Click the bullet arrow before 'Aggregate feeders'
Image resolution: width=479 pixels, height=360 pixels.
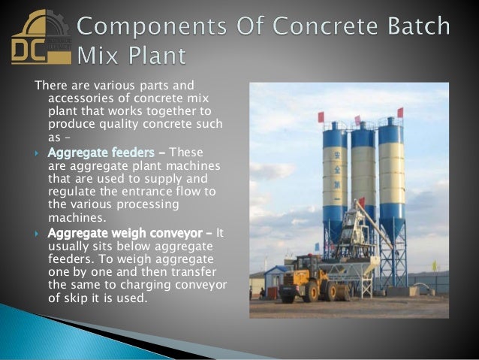pyautogui.click(x=38, y=153)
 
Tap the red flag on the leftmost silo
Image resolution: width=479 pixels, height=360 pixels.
pyautogui.click(x=321, y=117)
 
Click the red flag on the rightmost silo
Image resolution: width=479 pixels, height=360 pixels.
pyautogui.click(x=399, y=113)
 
